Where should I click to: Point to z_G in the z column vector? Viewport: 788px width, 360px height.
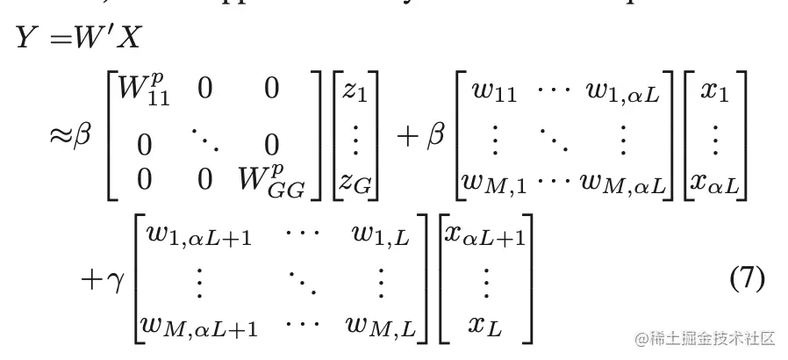tap(358, 182)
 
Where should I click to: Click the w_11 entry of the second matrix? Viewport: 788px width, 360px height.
tap(493, 94)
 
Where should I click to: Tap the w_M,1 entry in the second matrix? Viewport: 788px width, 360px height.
tap(497, 182)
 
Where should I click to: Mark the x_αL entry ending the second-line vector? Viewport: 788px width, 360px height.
tap(715, 182)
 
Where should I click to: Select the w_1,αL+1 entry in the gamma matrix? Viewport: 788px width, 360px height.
tap(197, 237)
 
